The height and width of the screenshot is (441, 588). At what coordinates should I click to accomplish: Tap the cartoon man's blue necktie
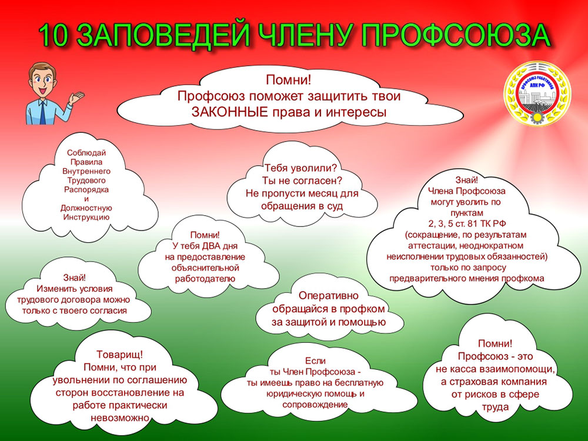pos(42,113)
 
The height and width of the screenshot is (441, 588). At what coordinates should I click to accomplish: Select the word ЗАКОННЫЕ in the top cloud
pos(230,112)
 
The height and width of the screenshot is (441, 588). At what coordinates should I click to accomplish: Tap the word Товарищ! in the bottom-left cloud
pos(119,355)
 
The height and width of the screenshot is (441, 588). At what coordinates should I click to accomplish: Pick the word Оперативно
pos(329,296)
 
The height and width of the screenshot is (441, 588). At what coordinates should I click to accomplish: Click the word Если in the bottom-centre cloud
pos(315,361)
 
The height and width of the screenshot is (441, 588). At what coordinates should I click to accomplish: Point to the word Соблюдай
pos(86,153)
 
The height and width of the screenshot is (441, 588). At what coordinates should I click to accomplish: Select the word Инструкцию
pos(86,217)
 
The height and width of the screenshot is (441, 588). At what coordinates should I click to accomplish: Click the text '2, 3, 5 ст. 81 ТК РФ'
pos(467,223)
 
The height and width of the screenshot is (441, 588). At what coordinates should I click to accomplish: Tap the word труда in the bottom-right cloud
pos(495,407)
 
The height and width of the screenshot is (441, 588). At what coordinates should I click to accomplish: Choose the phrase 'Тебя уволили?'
pos(301,168)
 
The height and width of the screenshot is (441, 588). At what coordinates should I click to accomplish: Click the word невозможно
pos(120,417)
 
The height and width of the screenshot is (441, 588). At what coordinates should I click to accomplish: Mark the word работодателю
pos(205,279)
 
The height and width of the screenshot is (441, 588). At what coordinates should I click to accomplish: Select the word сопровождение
pos(315,405)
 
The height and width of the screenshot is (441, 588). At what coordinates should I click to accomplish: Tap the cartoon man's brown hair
pos(42,70)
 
